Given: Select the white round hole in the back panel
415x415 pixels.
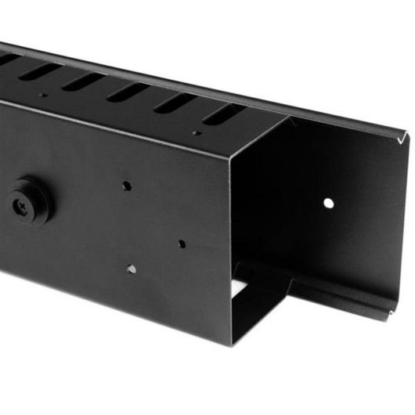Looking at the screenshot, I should coord(329,203).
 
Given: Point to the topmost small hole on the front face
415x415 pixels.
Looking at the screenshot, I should coord(127,186).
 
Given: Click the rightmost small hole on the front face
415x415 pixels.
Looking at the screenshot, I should coord(182,244).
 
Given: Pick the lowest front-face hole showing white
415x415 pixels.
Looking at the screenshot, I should coord(132,269).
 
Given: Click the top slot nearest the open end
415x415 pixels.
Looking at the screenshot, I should coord(223,114).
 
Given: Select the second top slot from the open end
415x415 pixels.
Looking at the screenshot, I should coord(176,103).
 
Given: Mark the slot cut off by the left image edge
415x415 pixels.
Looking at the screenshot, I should coord(8,59).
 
